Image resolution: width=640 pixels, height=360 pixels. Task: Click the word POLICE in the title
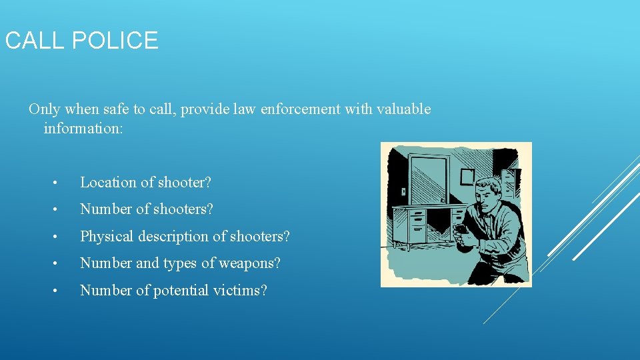(114, 41)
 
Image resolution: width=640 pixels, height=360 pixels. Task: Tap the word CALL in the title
(34, 41)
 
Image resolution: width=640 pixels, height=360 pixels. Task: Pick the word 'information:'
(83, 127)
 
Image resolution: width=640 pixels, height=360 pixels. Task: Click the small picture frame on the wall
(467, 176)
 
